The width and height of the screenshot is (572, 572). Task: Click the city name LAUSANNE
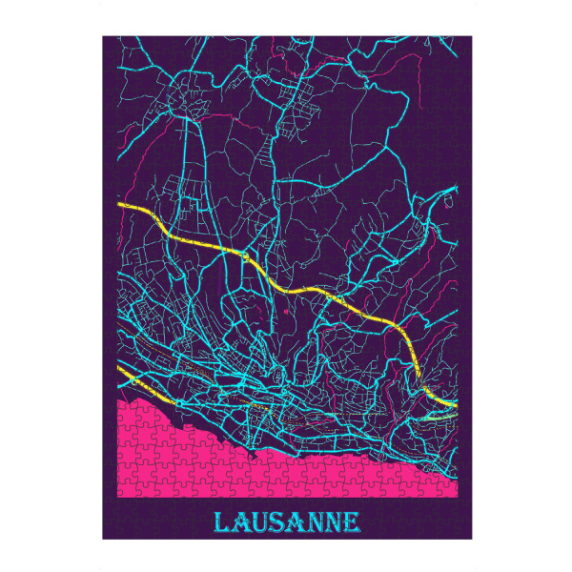(x=287, y=522)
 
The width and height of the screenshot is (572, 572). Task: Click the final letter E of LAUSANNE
(x=352, y=522)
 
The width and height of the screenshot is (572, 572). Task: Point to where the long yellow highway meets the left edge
(x=119, y=204)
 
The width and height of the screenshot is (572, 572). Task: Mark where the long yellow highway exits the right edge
(x=455, y=404)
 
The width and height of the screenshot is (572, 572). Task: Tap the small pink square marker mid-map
(x=286, y=310)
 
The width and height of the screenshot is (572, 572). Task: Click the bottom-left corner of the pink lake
(x=118, y=497)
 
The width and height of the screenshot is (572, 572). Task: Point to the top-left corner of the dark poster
(x=103, y=36)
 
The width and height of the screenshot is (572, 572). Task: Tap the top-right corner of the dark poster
(x=471, y=36)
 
